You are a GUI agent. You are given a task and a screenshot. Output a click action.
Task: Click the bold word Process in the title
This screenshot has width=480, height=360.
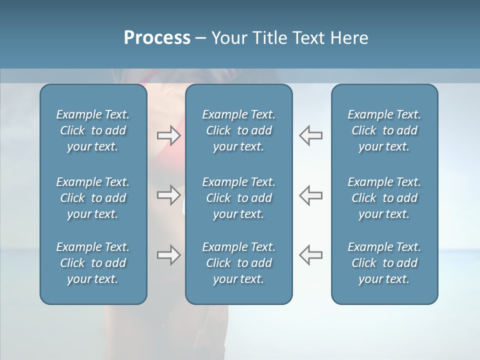pos(157,38)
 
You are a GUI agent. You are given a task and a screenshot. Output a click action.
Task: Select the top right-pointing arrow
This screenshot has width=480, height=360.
pos(168,135)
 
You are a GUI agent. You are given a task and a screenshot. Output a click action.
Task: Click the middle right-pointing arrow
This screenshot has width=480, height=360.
pos(168,195)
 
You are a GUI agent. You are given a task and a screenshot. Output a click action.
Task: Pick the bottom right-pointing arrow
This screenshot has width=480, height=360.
pos(168,255)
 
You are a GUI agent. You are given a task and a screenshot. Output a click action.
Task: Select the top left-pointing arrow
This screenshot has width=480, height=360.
pos(310,135)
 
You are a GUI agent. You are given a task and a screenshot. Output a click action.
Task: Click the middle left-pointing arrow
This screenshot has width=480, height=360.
pos(310,195)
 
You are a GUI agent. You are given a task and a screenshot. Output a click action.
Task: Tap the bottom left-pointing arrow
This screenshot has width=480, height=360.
pos(310,255)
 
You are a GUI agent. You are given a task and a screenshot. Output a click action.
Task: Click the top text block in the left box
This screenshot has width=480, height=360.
pos(93,130)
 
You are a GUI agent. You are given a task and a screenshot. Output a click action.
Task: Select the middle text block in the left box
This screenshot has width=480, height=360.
pos(93,198)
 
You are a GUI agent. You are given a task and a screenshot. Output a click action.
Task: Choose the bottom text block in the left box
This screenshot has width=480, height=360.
pos(93,263)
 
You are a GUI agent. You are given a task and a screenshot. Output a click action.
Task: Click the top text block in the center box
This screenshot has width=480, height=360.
pos(238,130)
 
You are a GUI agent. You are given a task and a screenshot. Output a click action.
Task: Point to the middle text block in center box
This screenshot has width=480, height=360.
pos(238,198)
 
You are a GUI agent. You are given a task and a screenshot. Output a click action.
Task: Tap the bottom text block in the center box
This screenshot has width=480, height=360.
pos(238,263)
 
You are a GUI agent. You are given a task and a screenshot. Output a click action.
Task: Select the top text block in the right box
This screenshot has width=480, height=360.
pos(384,130)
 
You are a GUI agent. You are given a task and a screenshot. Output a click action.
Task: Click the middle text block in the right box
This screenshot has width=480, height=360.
pos(384,198)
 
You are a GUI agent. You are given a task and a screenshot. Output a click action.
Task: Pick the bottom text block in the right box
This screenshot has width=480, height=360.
pos(384,263)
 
